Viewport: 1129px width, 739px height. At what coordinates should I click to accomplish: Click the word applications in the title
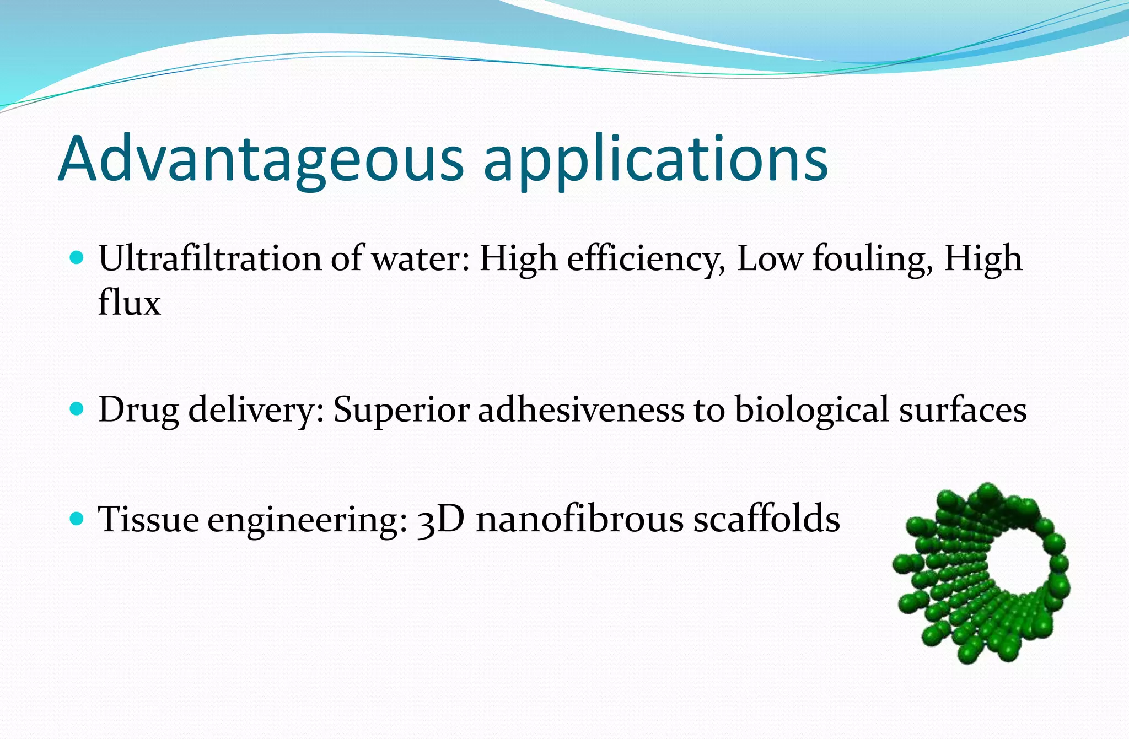click(655, 160)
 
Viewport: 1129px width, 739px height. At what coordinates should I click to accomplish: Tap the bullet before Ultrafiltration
click(78, 257)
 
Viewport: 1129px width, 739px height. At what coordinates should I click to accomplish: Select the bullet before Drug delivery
click(78, 409)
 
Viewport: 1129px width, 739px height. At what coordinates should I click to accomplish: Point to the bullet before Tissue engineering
click(78, 518)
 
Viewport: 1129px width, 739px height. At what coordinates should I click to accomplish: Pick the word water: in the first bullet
click(421, 259)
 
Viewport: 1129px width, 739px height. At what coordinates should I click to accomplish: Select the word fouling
click(873, 259)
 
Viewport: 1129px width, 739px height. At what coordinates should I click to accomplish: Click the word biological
click(811, 411)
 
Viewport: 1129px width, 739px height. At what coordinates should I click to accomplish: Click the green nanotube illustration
click(981, 573)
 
